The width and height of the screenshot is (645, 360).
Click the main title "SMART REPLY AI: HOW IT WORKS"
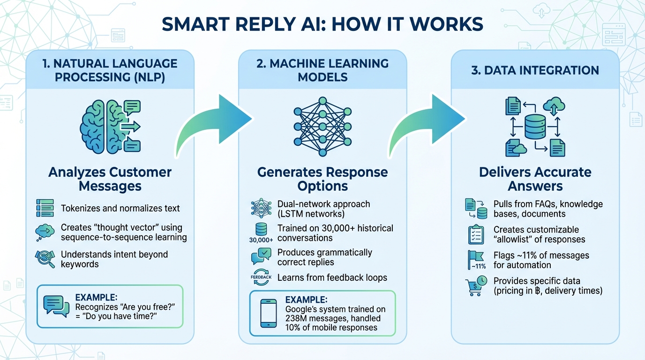pyautogui.click(x=322, y=24)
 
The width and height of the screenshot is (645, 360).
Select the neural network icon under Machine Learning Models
pyautogui.click(x=322, y=127)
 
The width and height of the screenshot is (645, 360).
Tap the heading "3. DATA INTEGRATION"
pyautogui.click(x=535, y=70)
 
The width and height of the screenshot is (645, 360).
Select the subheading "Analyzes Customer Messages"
pyautogui.click(x=110, y=179)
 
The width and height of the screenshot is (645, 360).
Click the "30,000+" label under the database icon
pyautogui.click(x=261, y=240)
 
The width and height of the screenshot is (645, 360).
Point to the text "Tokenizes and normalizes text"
pyautogui.click(x=120, y=208)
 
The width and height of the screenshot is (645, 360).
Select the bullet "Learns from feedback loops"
pyautogui.click(x=332, y=277)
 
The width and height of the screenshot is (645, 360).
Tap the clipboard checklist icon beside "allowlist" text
pyautogui.click(x=476, y=234)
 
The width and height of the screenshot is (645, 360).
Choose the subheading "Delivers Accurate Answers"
pyautogui.click(x=535, y=179)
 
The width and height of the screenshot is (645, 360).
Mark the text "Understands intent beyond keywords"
pyautogui.click(x=114, y=259)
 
